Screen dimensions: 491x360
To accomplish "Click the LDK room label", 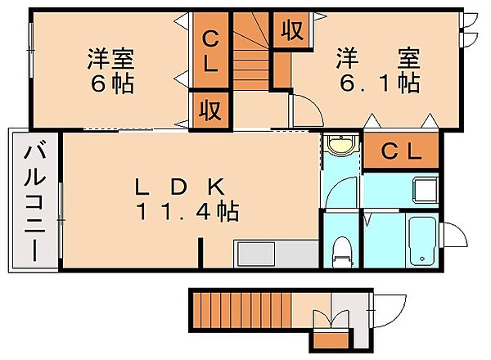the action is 179,187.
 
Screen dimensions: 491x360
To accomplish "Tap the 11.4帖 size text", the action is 187,212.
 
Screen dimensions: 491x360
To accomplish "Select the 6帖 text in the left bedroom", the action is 112,84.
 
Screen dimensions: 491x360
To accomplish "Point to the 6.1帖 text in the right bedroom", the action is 380,83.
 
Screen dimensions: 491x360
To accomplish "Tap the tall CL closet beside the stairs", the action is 210,50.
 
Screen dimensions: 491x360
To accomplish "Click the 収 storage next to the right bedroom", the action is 292,30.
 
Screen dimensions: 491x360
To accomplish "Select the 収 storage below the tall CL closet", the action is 210,110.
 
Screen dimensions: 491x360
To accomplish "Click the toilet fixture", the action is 342,252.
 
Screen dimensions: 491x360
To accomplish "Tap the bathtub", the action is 423,241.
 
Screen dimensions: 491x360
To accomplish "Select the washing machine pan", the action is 426,190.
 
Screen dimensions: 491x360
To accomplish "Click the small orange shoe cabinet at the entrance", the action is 331,340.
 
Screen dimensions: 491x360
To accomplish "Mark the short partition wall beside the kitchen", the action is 200,253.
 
